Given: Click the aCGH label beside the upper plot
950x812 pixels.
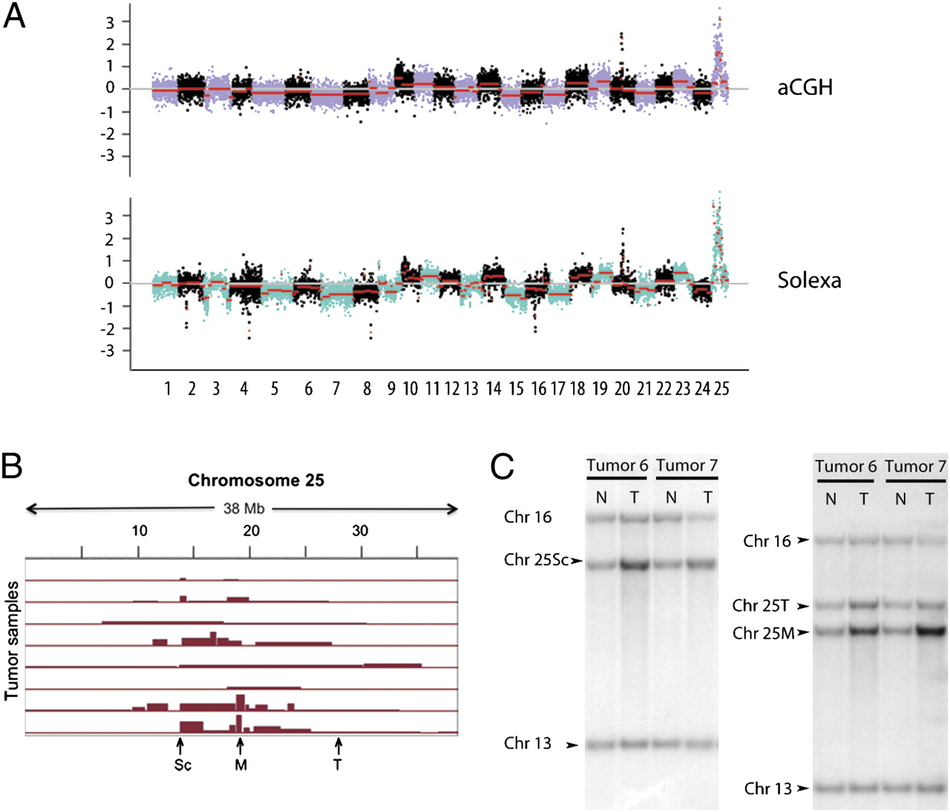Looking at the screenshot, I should pos(805,88).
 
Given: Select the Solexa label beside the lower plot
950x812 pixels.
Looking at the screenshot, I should pos(809,280).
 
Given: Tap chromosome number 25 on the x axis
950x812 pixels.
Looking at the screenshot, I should pos(721,389).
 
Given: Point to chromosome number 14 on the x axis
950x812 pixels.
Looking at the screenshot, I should pos(494,389).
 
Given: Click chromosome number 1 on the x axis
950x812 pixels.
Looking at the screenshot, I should pos(168,389).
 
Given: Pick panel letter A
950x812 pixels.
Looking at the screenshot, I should pos(15,16).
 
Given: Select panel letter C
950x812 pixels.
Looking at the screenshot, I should pos(502,467).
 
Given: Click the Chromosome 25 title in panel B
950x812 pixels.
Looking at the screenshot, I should pos(256,481).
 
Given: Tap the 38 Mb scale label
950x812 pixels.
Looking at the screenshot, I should pos(243,509).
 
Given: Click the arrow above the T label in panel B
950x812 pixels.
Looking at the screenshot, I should pos(338,744).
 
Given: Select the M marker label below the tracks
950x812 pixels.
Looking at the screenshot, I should pos(240,765).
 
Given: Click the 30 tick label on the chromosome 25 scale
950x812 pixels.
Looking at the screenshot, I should pos(360,531).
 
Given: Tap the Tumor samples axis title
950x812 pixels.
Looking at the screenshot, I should pos(11,641).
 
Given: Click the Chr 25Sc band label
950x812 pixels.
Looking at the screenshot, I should pos(536,560).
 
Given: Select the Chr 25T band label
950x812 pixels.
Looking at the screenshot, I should pos(761,606).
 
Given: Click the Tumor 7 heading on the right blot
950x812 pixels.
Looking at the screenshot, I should pos(915,466).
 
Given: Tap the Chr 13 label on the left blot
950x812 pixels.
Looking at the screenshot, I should pos(528,743).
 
